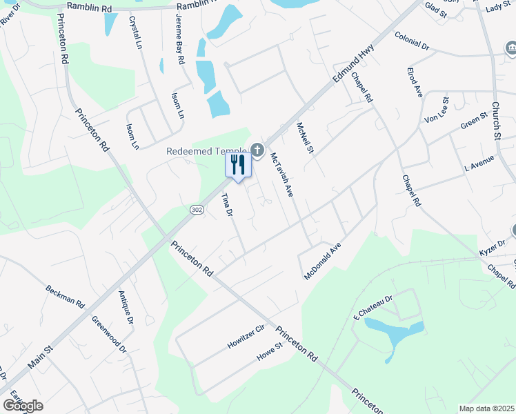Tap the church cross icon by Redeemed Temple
point(257,150)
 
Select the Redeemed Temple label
point(206,151)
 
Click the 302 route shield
point(196,208)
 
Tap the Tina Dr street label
point(226,205)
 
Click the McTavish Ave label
point(281,175)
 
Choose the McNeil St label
point(304,138)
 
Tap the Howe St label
point(270,352)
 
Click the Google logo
point(23,405)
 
